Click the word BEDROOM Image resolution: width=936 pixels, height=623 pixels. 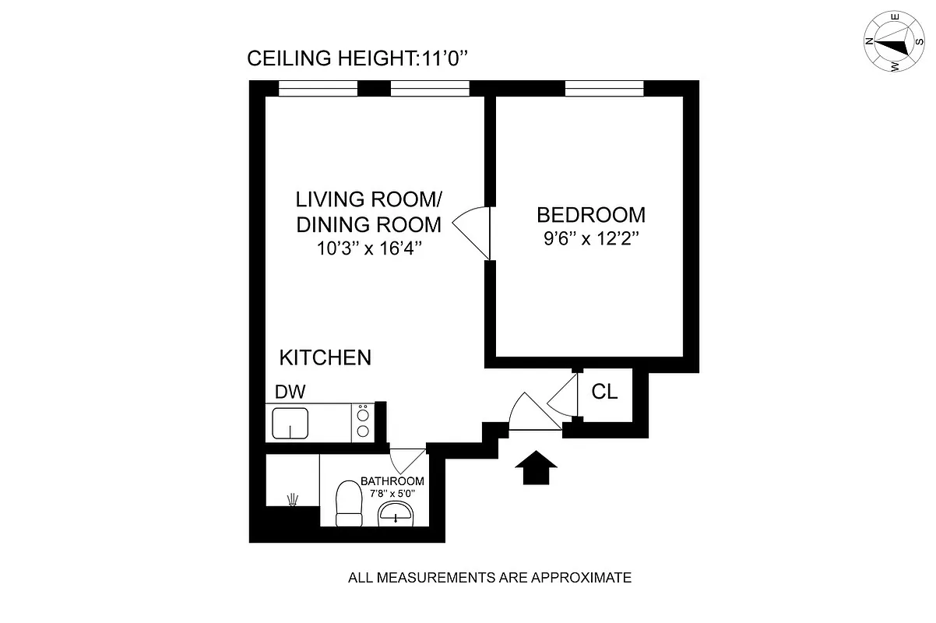pos(591,215)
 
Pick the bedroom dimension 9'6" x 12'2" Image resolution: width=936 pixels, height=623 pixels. pos(591,238)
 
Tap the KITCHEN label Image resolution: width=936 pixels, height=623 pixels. pos(325,358)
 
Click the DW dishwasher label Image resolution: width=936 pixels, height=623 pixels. pos(290,391)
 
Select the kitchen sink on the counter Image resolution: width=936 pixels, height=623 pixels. pos(290,424)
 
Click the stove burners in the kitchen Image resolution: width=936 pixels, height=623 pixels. pos(363,423)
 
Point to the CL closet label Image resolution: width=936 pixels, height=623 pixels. pos(604,392)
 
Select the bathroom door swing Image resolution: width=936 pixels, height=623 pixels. pos(406,461)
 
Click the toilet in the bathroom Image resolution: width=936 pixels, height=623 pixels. pos(348,504)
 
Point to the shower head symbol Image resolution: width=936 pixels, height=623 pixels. pos(293,499)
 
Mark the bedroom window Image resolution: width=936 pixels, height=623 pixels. pos(604,89)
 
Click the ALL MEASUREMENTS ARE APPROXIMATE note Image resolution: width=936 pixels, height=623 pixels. pos(489,578)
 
